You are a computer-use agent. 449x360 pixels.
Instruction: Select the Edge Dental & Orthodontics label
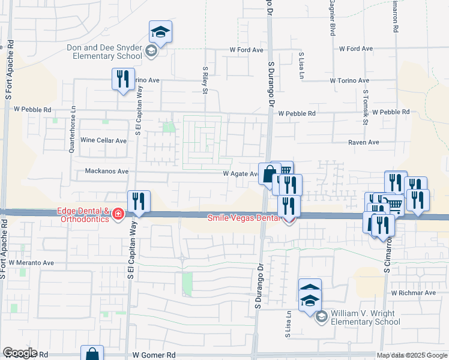tap(83, 214)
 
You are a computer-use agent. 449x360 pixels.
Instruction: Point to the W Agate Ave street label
tap(241, 173)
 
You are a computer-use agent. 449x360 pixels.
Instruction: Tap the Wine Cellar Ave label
tap(104, 140)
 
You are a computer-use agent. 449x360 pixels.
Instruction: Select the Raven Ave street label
tap(364, 142)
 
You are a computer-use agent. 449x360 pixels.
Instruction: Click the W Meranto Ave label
tap(31, 263)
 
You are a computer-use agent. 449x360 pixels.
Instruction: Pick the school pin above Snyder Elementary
tap(160, 31)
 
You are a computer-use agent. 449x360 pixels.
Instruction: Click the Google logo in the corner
tap(20, 353)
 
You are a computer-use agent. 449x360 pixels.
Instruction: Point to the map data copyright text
tap(411, 355)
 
